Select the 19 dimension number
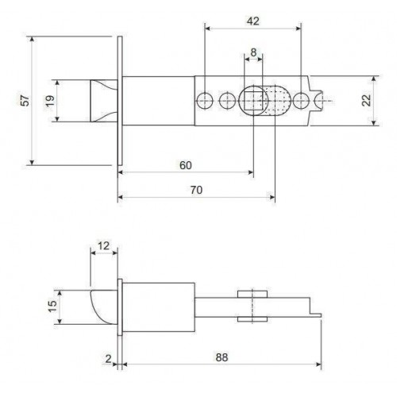click(50, 100)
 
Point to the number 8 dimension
click(253, 52)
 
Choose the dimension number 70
click(195, 190)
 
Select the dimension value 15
click(49, 307)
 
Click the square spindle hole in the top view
click(254, 101)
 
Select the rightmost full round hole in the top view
click(300, 101)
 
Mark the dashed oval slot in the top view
click(273, 101)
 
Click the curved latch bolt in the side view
click(102, 306)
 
